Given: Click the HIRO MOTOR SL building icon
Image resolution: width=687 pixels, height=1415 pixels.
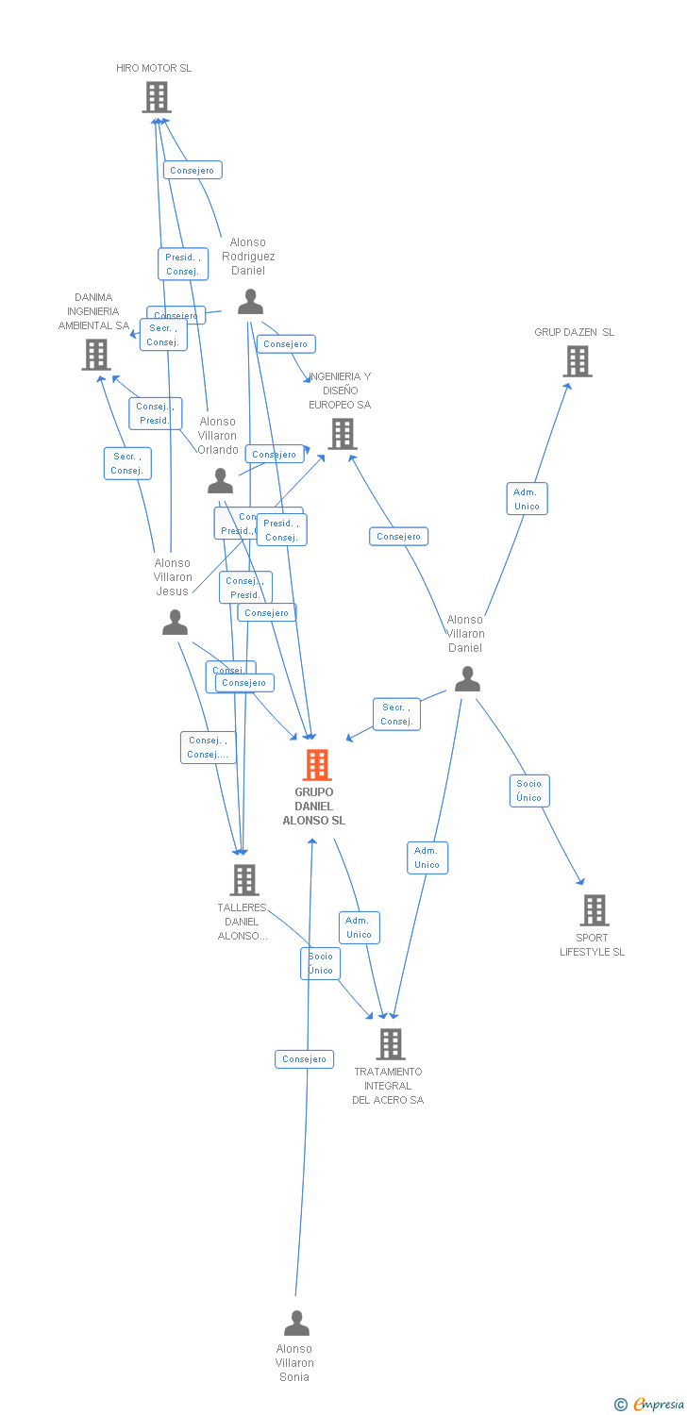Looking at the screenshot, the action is click(157, 97).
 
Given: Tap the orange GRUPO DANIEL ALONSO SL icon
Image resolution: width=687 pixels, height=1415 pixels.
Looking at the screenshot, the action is click(317, 765).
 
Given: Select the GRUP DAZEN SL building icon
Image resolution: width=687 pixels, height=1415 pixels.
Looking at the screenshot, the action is click(577, 361).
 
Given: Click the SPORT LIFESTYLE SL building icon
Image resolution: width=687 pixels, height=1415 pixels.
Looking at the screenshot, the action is click(594, 910).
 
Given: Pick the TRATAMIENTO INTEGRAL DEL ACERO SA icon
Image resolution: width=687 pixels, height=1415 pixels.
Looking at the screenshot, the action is click(390, 1044).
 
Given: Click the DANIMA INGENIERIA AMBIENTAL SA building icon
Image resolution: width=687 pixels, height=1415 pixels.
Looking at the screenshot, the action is click(95, 355).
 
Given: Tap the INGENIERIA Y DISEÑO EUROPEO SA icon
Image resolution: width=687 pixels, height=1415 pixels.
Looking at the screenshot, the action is click(342, 434).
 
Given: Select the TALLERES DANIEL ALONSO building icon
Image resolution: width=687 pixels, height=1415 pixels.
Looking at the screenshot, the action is click(243, 880).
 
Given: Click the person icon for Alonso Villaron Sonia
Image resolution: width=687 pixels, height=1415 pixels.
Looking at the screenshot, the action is click(296, 1323).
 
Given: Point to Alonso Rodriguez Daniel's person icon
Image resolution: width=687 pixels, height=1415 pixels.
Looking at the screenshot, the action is click(250, 302).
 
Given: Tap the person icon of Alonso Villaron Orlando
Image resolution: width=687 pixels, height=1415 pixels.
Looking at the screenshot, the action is click(220, 481).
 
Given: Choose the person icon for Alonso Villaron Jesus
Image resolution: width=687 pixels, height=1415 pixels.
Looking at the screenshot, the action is click(175, 623).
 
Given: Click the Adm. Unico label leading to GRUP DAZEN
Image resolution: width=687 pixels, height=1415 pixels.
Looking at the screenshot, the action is click(527, 499).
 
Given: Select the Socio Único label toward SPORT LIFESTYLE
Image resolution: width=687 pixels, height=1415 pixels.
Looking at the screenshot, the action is click(528, 791).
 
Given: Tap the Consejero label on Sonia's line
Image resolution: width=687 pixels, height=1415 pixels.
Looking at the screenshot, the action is click(304, 1059).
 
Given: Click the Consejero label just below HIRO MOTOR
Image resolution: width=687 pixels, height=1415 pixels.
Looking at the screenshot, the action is click(193, 171).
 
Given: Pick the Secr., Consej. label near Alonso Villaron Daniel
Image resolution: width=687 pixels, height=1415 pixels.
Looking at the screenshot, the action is click(396, 714).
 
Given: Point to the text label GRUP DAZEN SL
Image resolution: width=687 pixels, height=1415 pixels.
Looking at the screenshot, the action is click(574, 332).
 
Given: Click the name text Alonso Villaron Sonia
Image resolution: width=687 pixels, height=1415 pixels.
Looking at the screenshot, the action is click(294, 1363).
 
